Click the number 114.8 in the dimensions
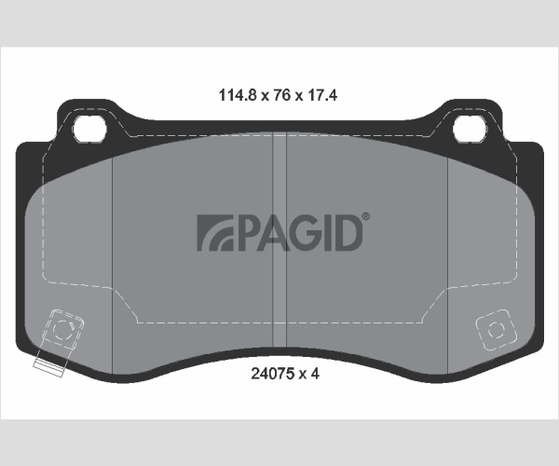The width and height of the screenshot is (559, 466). (238, 95)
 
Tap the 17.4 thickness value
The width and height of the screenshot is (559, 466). (322, 95)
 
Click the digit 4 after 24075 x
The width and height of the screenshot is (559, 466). (315, 374)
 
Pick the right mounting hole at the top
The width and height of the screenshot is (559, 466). (470, 128)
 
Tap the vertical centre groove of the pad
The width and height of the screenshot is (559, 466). (279, 239)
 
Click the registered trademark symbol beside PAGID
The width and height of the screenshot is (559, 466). (366, 216)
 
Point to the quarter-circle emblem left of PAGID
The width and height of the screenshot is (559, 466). (215, 232)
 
